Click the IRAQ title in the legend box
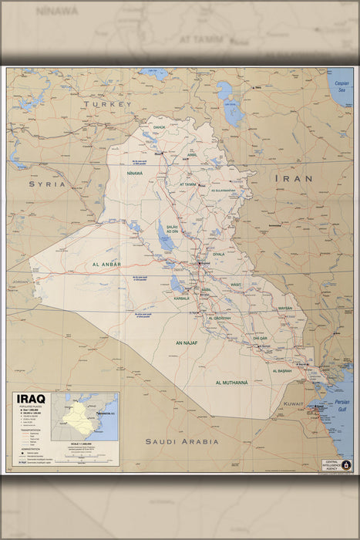29,399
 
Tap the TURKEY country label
109,103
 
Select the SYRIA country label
47,184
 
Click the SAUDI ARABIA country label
182,441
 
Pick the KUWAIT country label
294,403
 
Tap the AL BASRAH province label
282,371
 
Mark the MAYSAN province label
285,308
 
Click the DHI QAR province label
260,338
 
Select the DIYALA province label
219,254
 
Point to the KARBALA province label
181,297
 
